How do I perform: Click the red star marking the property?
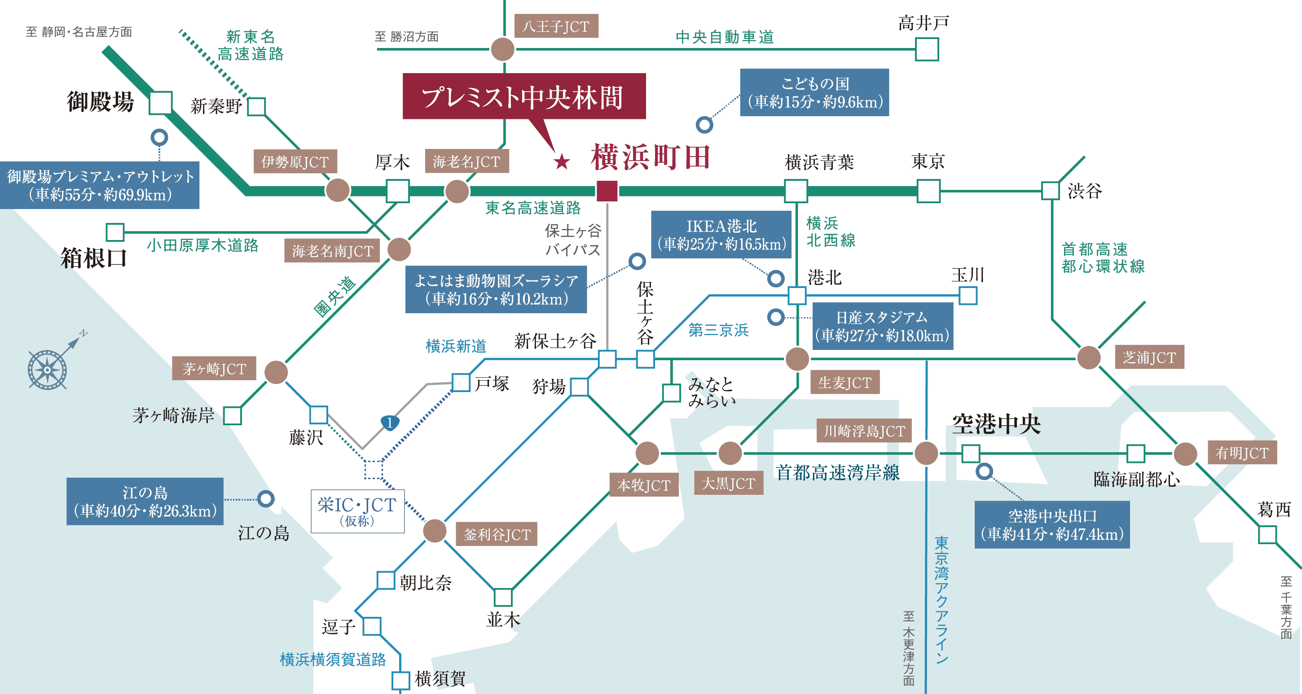pos(562,161)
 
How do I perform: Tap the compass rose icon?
pos(48,369)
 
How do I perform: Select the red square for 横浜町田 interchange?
pos(607,191)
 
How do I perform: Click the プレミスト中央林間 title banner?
pos(523,96)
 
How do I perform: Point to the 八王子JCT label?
pos(555,26)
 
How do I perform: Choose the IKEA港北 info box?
pos(721,235)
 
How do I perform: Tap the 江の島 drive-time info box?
pos(145,502)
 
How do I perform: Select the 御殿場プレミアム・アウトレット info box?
pos(100,185)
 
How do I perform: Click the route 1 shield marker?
pos(389,422)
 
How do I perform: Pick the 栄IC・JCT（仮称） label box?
pos(357,511)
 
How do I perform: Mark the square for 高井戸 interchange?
pos(927,49)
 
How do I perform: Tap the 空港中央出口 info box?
pos(1052,525)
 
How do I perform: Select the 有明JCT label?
pos(1242,453)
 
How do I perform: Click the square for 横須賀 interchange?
pos(401,680)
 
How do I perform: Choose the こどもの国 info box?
pos(814,92)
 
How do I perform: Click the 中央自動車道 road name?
pos(724,37)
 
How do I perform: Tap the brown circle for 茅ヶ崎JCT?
pos(276,373)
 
